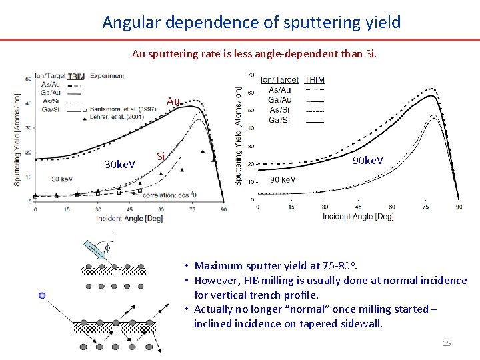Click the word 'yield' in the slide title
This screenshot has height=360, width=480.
click(x=383, y=22)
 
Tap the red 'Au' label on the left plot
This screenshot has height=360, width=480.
click(x=173, y=101)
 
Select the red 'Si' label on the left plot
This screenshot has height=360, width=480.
click(x=160, y=157)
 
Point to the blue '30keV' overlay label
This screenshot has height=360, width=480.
click(x=120, y=164)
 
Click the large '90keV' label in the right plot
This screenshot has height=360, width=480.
click(x=368, y=161)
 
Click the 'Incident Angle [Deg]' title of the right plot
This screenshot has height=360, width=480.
click(x=358, y=217)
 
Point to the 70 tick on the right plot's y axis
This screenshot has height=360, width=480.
click(x=251, y=74)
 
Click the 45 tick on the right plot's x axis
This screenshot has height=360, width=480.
click(x=359, y=207)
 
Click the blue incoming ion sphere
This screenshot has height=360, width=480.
click(x=42, y=295)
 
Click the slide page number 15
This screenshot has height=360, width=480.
click(x=447, y=343)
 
